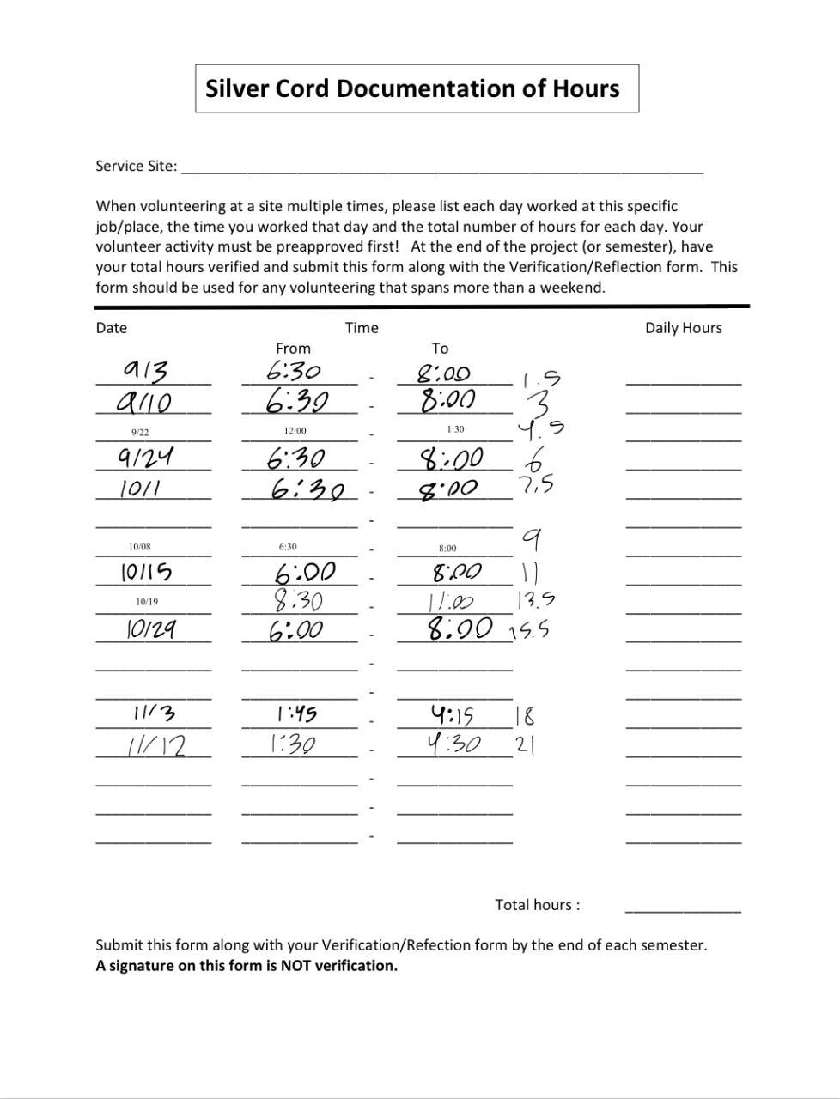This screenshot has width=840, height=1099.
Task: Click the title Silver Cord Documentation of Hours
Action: point(412,88)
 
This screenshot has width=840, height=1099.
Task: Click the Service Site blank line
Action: point(442,168)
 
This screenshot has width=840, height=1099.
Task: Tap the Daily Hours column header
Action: point(683,328)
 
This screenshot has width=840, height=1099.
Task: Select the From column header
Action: point(293,349)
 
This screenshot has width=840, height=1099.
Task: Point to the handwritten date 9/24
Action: point(146,457)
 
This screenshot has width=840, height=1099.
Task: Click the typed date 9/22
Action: point(140,433)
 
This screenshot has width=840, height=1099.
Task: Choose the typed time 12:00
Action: point(295,431)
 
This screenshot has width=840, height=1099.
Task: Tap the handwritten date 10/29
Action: point(151,629)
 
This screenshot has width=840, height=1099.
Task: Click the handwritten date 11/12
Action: point(155,744)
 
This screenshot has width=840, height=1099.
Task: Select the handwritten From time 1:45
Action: point(296,714)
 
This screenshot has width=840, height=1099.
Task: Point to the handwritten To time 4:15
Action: point(453,714)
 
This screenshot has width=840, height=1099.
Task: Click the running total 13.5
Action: point(536,599)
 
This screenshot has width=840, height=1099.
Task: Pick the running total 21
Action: point(526,744)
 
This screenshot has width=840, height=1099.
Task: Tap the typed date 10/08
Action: point(140,547)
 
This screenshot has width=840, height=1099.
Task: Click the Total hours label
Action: point(537,905)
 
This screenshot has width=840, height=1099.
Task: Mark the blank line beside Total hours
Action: point(683,908)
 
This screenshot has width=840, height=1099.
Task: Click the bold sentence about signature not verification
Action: point(247,966)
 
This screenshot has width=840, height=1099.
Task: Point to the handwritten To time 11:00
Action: point(452,602)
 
